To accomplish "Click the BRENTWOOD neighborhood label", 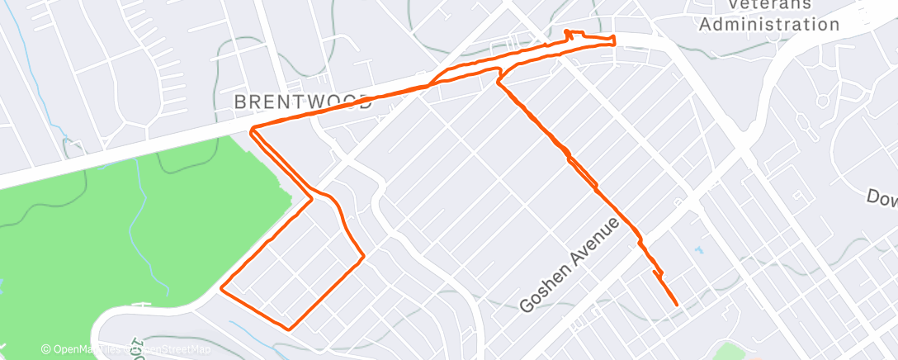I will (x=303, y=102).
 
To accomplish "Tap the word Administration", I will (x=769, y=24).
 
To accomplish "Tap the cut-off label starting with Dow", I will (x=881, y=198).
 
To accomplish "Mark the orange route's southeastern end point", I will (x=677, y=305).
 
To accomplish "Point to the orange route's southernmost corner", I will (x=289, y=329).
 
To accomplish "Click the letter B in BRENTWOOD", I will (x=241, y=102).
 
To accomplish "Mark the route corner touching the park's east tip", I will (x=311, y=198).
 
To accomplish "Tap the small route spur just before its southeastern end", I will (x=655, y=272).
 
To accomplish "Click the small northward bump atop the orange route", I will (x=569, y=33).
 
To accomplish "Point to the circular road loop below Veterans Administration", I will (x=822, y=101).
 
